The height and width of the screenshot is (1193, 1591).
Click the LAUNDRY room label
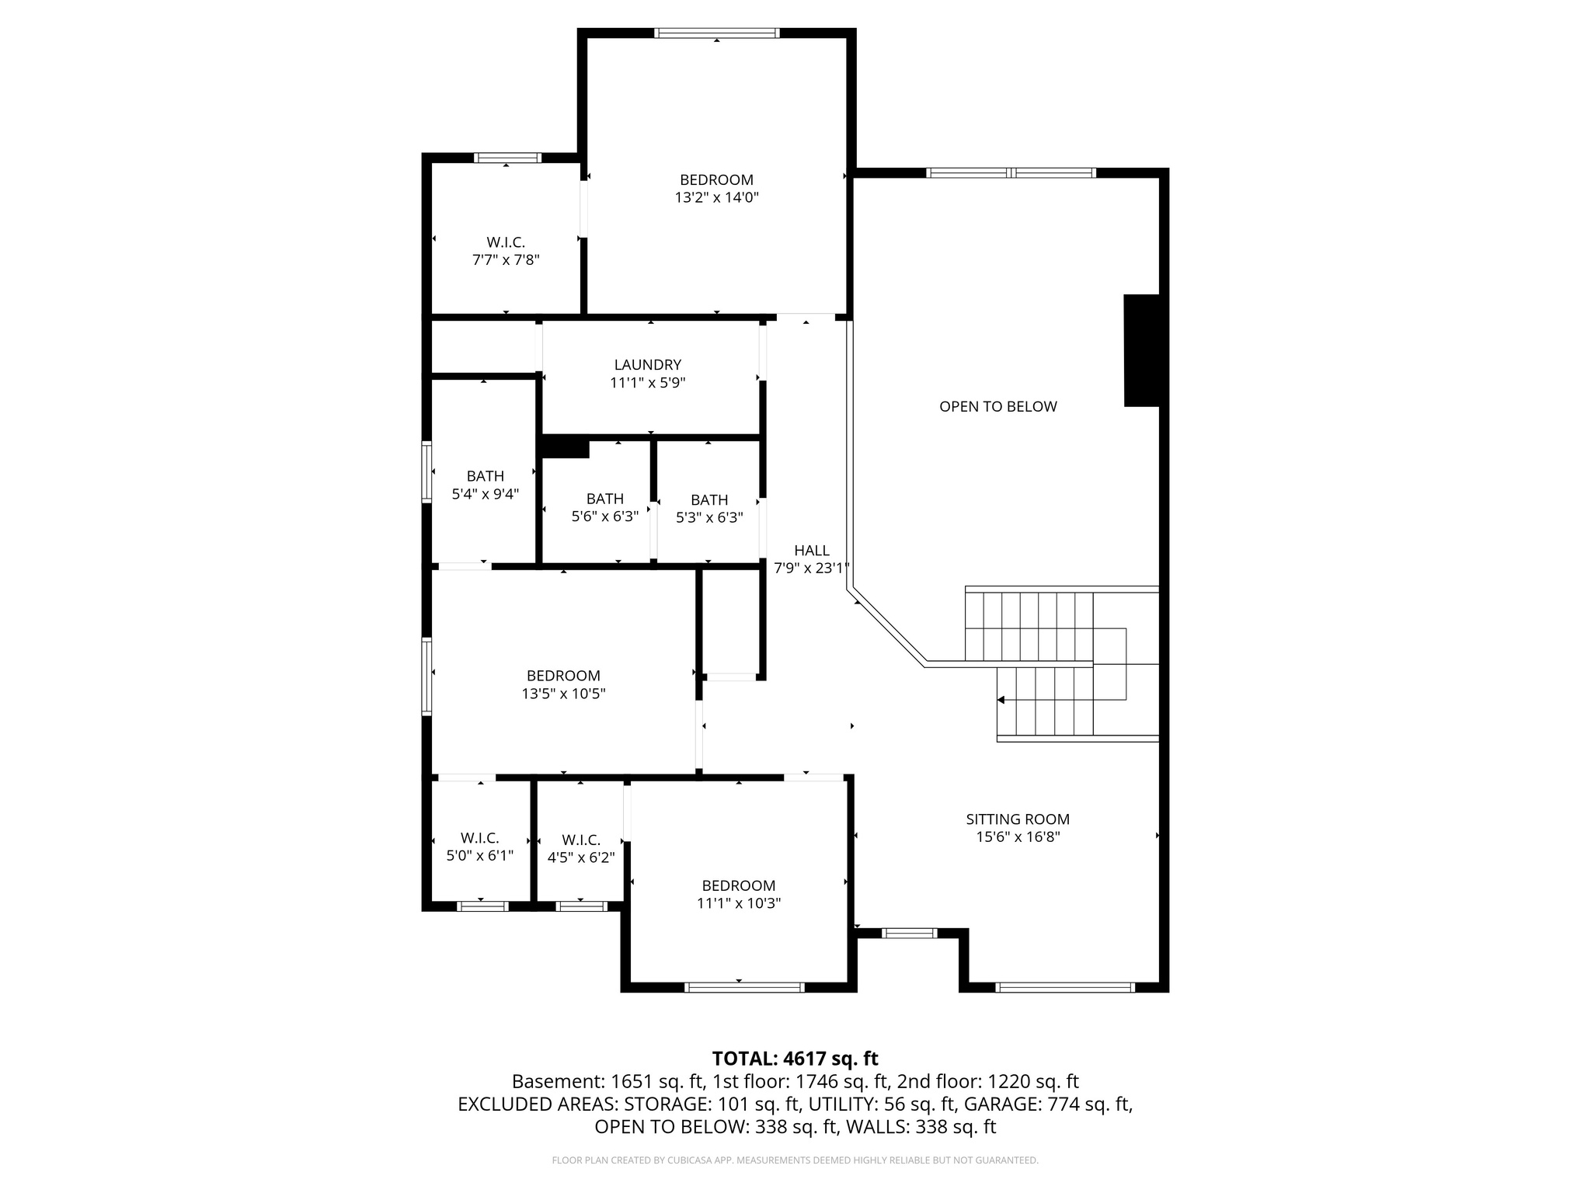point(647,364)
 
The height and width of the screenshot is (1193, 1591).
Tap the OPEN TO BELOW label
point(997,406)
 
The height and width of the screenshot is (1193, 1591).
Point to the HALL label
point(812,550)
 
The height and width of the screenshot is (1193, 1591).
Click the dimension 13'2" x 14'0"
point(716,197)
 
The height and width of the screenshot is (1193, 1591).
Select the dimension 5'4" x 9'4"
point(485,493)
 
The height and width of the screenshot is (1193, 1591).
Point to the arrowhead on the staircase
point(1001,700)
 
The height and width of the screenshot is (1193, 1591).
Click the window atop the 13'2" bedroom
point(716,33)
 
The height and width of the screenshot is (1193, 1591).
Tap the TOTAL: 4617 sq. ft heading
point(795,1059)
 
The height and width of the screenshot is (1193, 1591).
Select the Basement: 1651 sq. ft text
point(608,1081)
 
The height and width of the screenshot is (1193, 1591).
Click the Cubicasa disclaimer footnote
point(795,1160)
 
